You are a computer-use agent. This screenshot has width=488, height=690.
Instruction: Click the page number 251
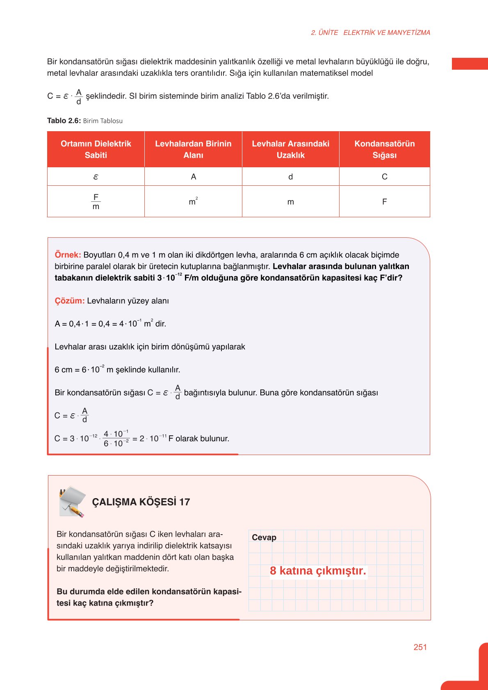coord(420,647)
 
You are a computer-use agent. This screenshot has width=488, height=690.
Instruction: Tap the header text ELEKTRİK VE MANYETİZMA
coord(387,33)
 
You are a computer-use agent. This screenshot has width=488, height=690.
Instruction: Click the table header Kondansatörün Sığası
coord(384,149)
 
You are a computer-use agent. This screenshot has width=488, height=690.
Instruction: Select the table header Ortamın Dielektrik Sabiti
coord(96,149)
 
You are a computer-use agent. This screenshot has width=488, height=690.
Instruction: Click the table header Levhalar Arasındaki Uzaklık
coord(290,149)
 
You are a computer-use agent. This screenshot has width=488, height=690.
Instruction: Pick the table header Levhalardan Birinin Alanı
coord(193,149)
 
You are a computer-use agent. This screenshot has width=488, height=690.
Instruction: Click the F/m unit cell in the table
coord(96,202)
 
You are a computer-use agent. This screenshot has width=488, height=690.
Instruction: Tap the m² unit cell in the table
coord(193,201)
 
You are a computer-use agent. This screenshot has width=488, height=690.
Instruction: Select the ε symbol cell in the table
coord(96,177)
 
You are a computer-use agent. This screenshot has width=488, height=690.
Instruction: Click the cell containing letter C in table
coord(384,177)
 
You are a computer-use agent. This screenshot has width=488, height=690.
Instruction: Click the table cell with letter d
coord(290,177)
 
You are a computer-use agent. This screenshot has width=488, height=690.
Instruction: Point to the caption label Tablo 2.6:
coord(64,121)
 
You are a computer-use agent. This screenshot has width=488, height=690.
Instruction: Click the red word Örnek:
coord(68,255)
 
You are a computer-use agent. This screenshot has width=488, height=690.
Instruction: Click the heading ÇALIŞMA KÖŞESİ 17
coord(141,502)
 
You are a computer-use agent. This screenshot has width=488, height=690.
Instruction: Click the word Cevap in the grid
coord(264,537)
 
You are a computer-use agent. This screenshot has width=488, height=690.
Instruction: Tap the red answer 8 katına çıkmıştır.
coord(318,571)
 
